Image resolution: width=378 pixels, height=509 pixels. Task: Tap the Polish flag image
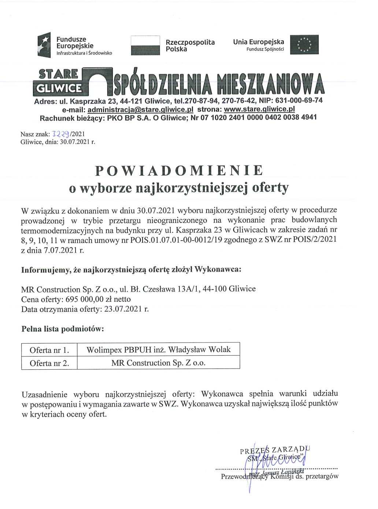tap(145, 45)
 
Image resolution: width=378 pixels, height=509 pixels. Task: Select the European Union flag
tap(304, 45)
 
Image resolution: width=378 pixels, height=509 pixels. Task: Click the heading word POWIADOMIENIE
tap(179, 171)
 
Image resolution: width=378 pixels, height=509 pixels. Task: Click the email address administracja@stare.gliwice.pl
tap(140, 109)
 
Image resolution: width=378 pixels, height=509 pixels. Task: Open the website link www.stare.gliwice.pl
tap(259, 109)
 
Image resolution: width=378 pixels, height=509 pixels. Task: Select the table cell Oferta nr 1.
tap(49, 350)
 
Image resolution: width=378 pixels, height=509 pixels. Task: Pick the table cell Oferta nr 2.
tap(49, 363)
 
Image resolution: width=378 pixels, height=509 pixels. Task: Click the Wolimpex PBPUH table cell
tap(158, 349)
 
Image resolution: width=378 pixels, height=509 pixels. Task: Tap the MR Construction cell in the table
tap(158, 363)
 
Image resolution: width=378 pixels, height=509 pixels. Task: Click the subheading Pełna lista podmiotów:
tap(63, 329)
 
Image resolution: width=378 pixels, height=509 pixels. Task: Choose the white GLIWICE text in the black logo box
tap(59, 88)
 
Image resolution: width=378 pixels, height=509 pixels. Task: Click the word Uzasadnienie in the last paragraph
tap(44, 395)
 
